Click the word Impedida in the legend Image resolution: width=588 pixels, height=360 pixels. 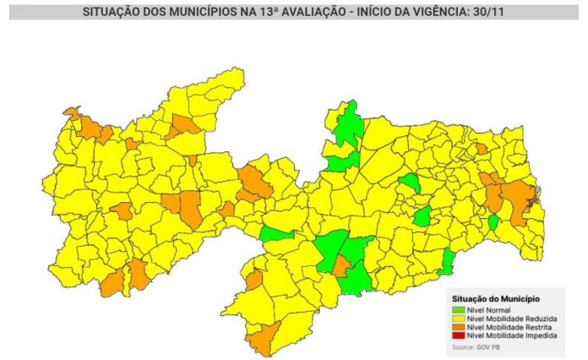tap(540, 335)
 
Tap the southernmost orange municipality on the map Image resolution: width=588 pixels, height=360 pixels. tap(261, 340)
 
